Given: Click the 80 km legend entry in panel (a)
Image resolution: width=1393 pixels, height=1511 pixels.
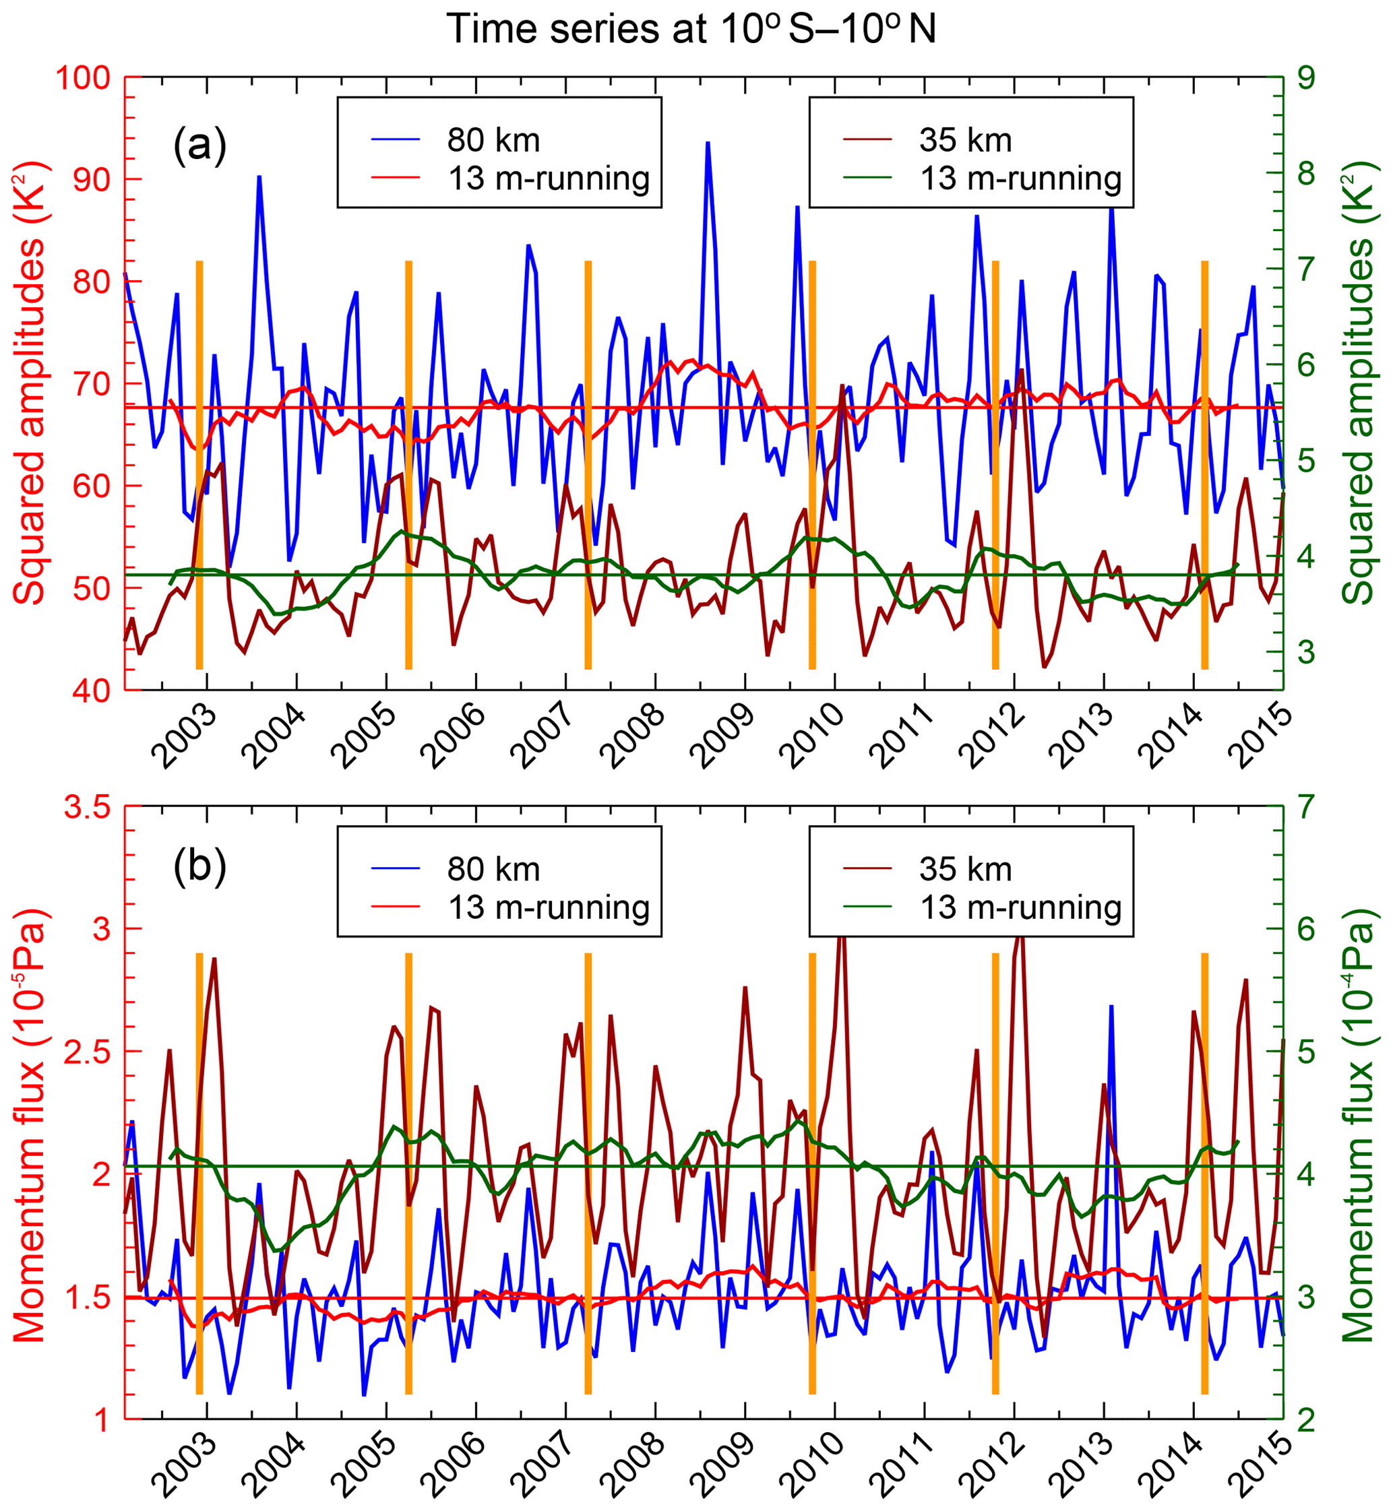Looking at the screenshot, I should point(493,140).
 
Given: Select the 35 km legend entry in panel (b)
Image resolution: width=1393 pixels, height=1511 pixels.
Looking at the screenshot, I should point(965,870).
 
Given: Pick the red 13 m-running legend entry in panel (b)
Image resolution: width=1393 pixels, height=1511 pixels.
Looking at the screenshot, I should point(549,908).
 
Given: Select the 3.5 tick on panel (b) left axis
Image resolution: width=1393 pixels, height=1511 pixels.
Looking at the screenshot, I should point(87,807).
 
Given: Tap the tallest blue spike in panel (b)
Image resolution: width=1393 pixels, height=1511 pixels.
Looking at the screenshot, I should point(1111,1006).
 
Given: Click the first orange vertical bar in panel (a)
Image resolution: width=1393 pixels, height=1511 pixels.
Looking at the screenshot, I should point(199,464).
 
